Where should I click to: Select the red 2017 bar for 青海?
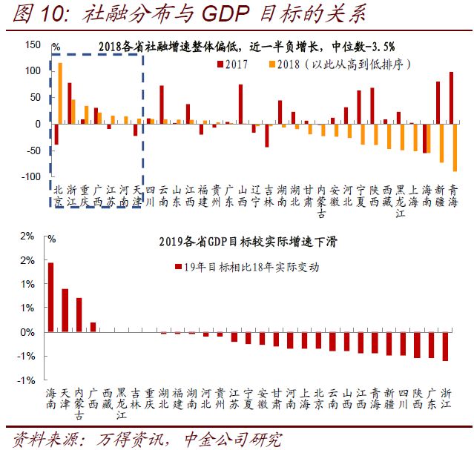click(x=452, y=98)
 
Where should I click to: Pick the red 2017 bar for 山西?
click(x=240, y=104)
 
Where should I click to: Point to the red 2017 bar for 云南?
click(x=161, y=105)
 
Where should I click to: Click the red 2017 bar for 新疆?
click(x=438, y=102)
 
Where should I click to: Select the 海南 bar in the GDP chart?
click(x=50, y=297)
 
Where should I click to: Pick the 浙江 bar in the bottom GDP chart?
click(x=446, y=346)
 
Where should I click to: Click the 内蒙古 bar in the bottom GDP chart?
click(x=79, y=314)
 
